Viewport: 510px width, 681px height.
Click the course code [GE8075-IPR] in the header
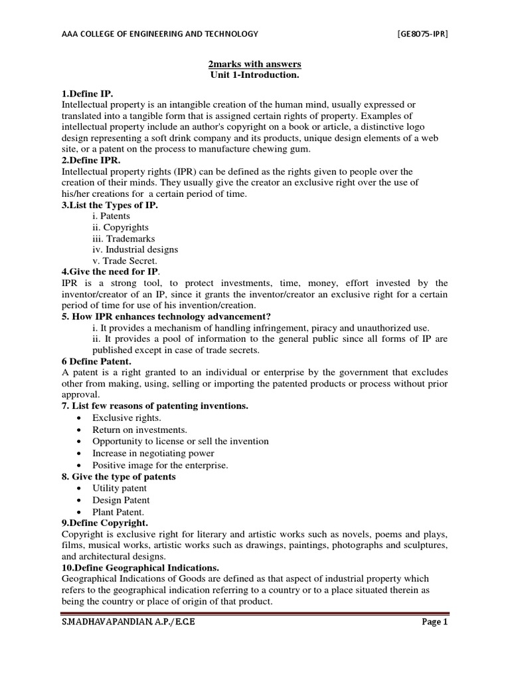[x=422, y=34]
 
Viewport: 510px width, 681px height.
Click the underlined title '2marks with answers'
[x=255, y=64]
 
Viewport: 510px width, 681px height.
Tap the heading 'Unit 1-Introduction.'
[x=255, y=75]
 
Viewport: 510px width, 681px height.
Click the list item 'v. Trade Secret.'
[x=125, y=261]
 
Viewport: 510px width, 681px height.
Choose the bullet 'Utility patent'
[x=120, y=488]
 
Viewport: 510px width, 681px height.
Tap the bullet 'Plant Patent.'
[x=118, y=511]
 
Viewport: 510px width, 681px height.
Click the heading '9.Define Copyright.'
[x=104, y=523]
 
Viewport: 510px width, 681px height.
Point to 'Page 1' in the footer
[x=435, y=622]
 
